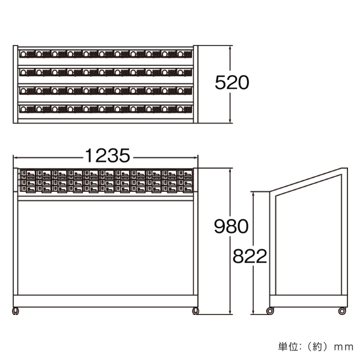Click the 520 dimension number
point(232,82)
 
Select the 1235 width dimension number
point(107,155)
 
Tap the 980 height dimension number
point(231,226)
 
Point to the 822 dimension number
point(250,256)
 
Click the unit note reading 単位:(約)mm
point(316,347)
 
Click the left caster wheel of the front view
point(16,311)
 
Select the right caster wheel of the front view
point(196,311)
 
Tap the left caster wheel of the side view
point(270,311)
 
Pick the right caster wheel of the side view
point(342,311)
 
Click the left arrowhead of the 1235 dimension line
point(15,157)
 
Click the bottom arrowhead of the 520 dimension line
point(230,121)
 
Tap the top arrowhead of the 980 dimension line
point(230,170)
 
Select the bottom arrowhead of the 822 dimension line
point(253,312)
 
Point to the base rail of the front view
point(106,301)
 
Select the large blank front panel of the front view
point(106,248)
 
